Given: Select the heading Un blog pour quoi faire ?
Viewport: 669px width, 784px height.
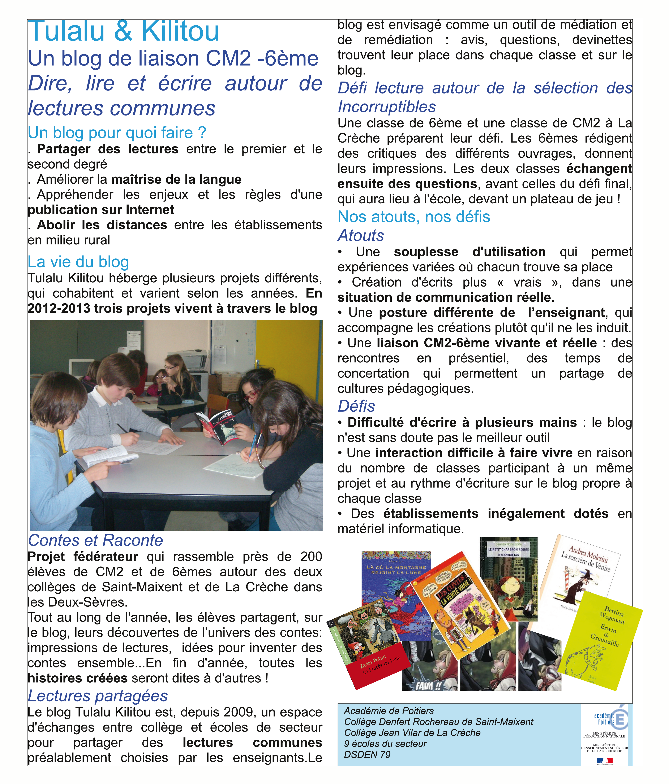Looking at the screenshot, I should pyautogui.click(x=117, y=133).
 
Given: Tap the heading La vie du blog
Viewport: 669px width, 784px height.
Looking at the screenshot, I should pyautogui.click(x=78, y=262).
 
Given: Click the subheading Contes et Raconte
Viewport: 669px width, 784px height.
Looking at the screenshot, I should pyautogui.click(x=95, y=540).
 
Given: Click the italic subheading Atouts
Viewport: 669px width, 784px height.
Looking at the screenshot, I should pyautogui.click(x=361, y=235).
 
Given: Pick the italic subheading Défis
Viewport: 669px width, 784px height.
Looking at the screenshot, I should pyautogui.click(x=356, y=406).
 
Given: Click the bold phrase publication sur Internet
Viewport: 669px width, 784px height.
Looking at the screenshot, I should pyautogui.click(x=101, y=210).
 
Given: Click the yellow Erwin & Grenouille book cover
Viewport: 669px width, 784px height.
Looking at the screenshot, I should pyautogui.click(x=602, y=639).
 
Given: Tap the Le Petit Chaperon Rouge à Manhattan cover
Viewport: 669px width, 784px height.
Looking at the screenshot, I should pyautogui.click(x=509, y=575).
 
